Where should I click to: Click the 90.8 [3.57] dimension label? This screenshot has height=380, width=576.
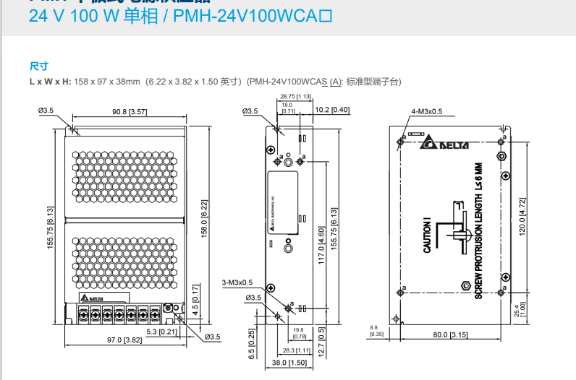click(x=130, y=112)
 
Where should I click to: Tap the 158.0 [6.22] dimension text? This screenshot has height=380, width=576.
click(x=204, y=218)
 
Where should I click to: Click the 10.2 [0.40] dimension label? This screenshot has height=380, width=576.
click(x=333, y=110)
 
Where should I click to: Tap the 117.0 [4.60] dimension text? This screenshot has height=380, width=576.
click(x=321, y=247)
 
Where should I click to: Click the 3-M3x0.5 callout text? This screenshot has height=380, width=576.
click(x=237, y=282)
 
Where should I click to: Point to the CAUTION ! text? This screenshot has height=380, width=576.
click(x=427, y=235)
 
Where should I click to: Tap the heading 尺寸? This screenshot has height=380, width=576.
click(x=38, y=66)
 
